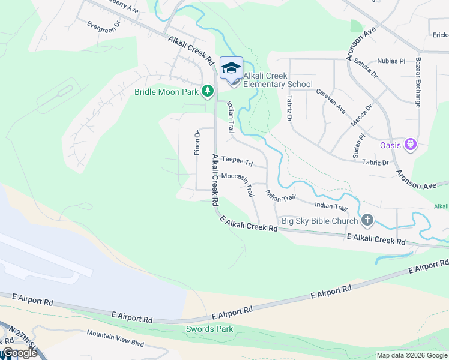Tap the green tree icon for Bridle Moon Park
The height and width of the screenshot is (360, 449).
pyautogui.click(x=208, y=92)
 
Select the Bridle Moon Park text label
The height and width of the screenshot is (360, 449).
pyautogui.click(x=166, y=92)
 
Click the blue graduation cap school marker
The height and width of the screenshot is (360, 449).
pyautogui.click(x=231, y=68)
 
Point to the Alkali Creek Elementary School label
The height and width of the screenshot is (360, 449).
pyautogui.click(x=277, y=80)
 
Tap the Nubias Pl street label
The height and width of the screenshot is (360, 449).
pyautogui.click(x=391, y=61)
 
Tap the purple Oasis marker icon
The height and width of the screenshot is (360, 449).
pyautogui.click(x=411, y=144)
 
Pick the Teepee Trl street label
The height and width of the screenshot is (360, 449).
pyautogui.click(x=237, y=160)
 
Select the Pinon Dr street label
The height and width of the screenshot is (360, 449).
pyautogui.click(x=196, y=143)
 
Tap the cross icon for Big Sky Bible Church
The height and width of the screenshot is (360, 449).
pyautogui.click(x=367, y=220)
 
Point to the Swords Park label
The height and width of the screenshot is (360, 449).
pyautogui.click(x=209, y=329)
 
